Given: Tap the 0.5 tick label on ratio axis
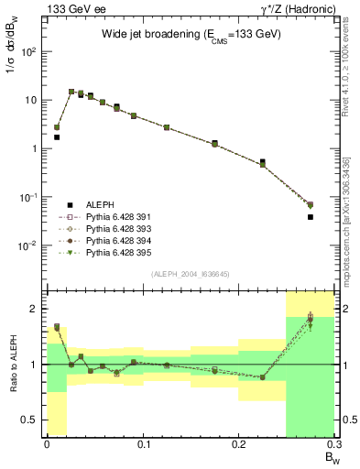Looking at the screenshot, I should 28,420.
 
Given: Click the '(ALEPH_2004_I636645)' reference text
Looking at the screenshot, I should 191,274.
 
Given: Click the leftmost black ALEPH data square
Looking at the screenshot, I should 57,137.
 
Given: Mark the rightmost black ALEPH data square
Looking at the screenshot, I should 311,217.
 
